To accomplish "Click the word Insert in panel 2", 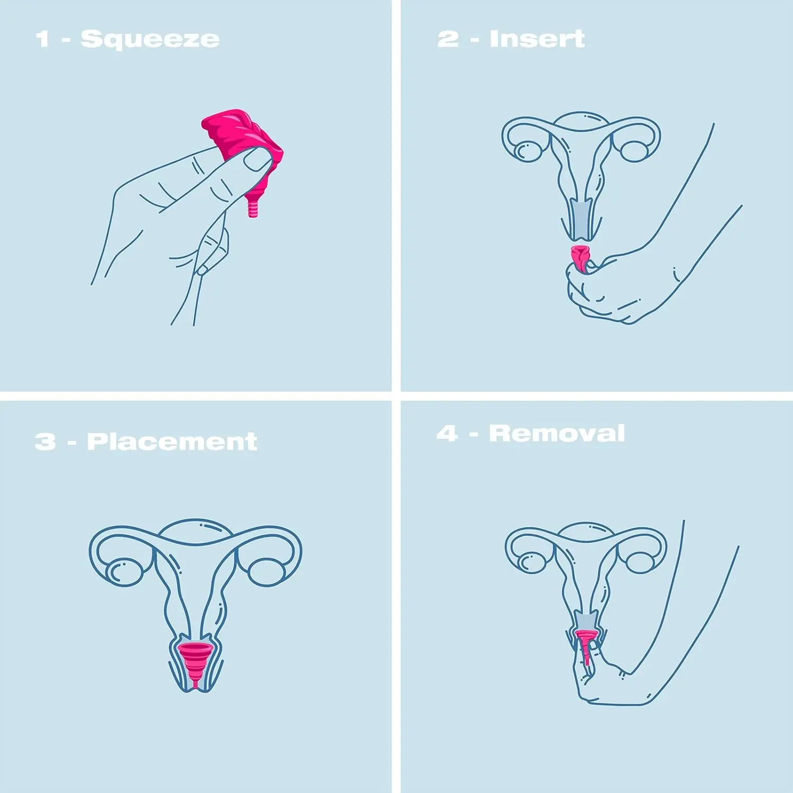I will [x=537, y=39].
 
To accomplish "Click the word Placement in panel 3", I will [x=172, y=442].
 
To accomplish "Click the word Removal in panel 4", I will [x=557, y=434].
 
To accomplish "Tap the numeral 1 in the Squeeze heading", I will [x=42, y=40].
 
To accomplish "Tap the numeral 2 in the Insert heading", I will [x=448, y=39].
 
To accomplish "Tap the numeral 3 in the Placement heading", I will [x=45, y=442].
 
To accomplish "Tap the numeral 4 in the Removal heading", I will [x=447, y=434].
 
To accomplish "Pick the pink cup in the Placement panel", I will [x=195, y=661].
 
